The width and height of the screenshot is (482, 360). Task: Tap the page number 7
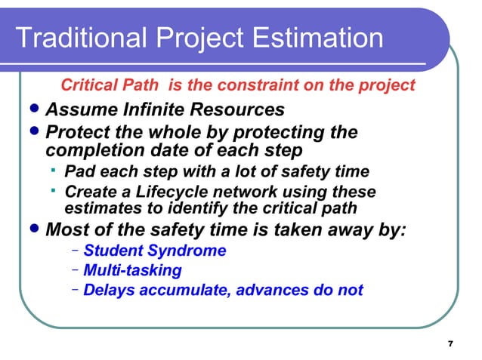click(x=450, y=345)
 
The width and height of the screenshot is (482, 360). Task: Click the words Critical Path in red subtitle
click(x=112, y=85)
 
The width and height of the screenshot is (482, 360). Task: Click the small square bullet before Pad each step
click(x=56, y=171)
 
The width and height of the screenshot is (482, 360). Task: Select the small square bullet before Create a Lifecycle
click(x=56, y=192)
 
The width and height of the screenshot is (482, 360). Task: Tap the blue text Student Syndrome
click(x=154, y=251)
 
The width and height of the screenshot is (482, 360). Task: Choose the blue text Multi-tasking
click(x=132, y=270)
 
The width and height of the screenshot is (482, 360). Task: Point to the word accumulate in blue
click(x=178, y=290)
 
